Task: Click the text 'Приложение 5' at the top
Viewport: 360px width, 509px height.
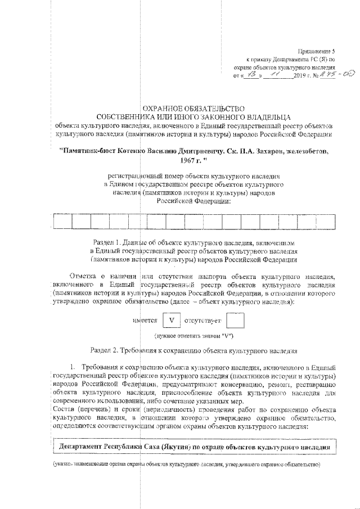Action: click(316, 51)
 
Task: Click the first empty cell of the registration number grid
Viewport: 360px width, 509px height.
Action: click(63, 222)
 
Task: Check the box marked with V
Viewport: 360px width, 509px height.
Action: click(173, 321)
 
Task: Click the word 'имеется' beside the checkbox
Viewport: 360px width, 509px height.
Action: click(145, 321)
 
